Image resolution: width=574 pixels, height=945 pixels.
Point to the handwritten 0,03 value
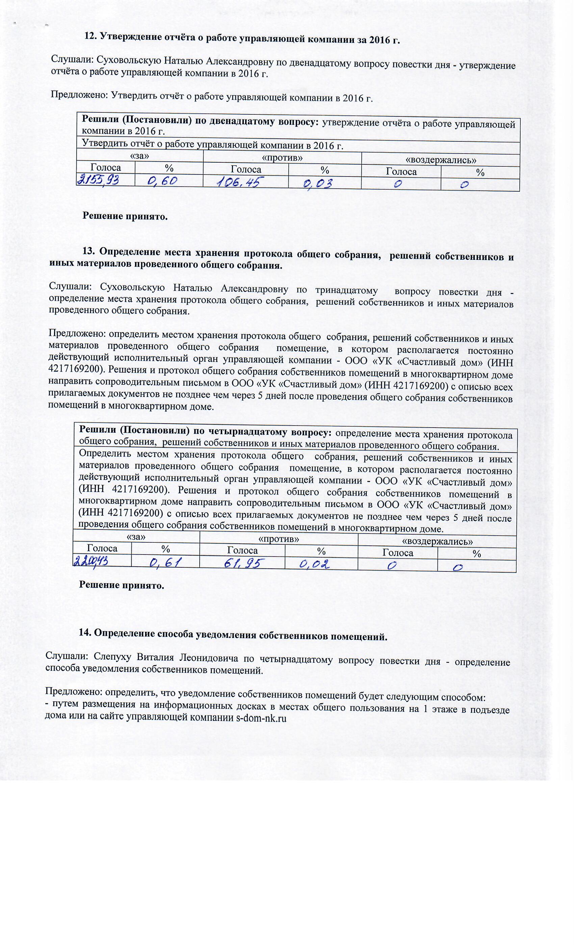click(318, 184)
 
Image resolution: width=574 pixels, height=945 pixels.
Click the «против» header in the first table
click(282, 158)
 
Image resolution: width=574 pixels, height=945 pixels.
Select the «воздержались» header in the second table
click(437, 541)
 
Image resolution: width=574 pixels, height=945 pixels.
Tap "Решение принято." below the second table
click(122, 586)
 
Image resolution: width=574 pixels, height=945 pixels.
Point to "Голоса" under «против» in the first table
click(246, 169)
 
